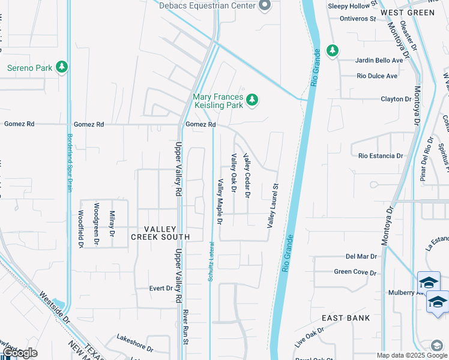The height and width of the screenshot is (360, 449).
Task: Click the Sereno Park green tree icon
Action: (61, 67)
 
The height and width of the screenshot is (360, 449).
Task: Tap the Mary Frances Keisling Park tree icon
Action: (253, 100)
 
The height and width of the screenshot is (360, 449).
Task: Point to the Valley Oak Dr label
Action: (234, 174)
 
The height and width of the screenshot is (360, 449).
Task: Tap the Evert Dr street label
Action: (161, 289)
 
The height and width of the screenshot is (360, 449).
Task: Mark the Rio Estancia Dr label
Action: (381, 156)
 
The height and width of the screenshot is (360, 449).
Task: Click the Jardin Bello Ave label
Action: (379, 61)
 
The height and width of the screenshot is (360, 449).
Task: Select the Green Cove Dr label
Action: (355, 272)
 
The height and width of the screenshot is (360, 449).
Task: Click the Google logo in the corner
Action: (20, 353)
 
